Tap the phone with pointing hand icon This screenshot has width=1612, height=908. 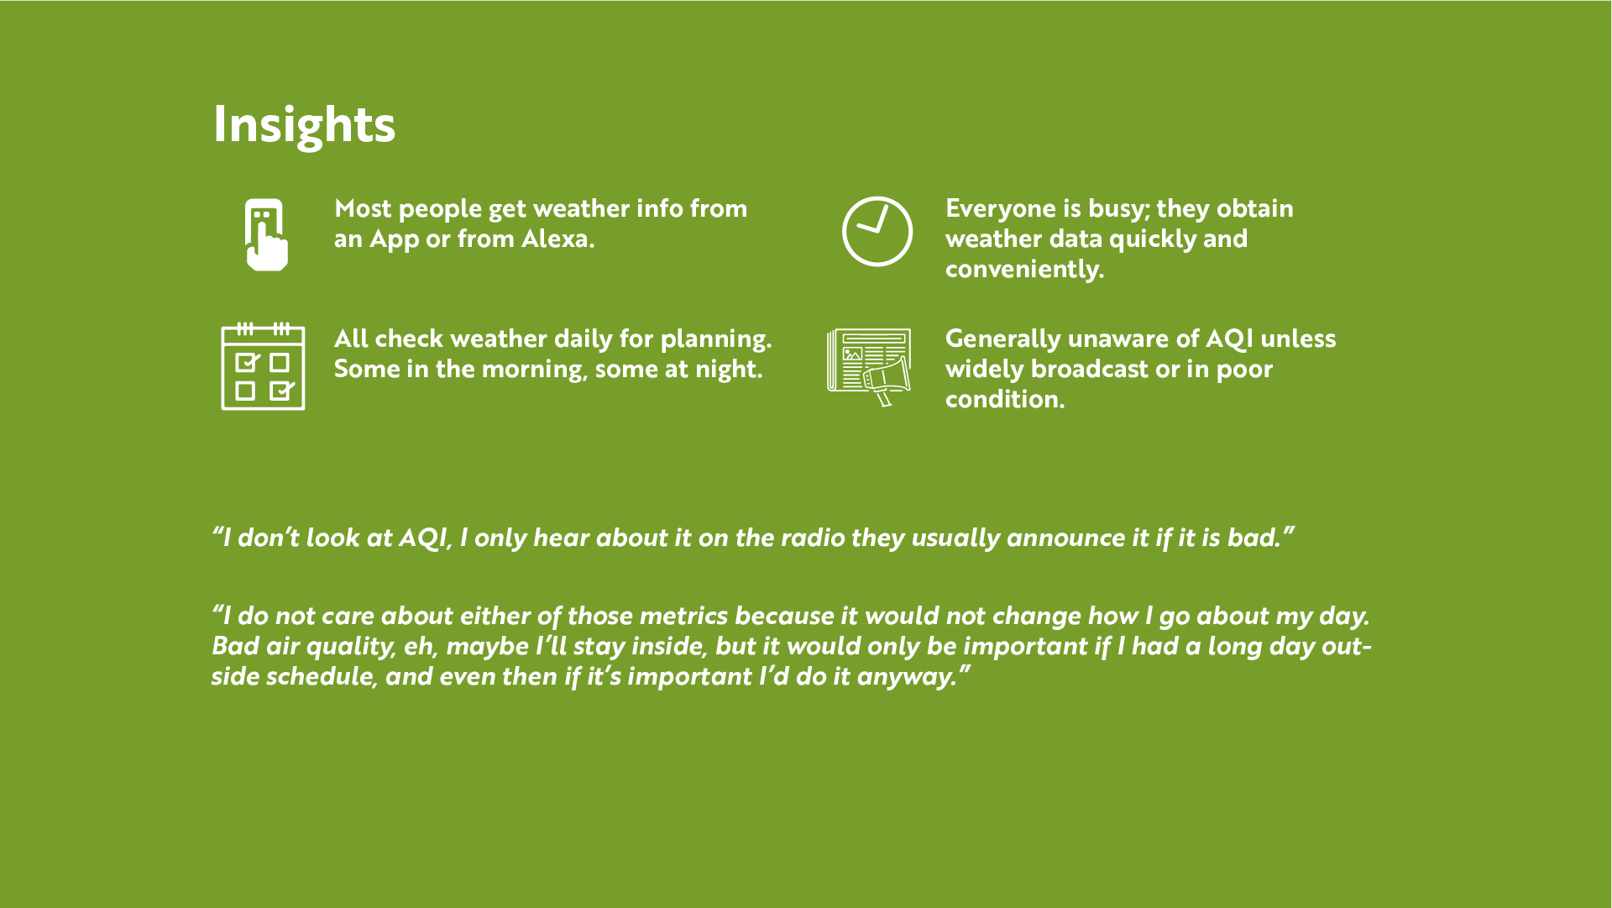click(266, 234)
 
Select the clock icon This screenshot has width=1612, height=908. click(877, 231)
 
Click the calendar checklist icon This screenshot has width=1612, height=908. click(263, 366)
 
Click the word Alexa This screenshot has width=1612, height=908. click(557, 239)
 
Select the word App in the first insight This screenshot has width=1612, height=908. click(394, 240)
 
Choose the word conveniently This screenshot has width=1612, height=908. click(1024, 270)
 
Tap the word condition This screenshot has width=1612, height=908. click(1005, 400)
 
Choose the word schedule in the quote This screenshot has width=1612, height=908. click(322, 677)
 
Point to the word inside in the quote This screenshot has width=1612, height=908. click(668, 647)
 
